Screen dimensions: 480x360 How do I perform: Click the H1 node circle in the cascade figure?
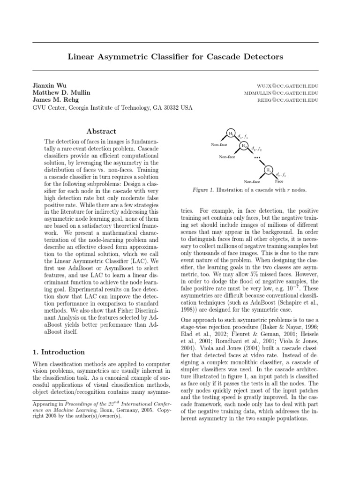[231, 133]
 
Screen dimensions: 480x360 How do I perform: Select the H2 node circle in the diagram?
[244, 146]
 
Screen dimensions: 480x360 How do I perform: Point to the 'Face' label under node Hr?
[279, 181]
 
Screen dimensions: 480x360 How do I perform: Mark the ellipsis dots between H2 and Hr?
[257, 158]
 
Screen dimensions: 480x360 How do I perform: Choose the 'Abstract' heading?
[101, 131]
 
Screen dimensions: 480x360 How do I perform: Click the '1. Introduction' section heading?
[59, 352]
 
